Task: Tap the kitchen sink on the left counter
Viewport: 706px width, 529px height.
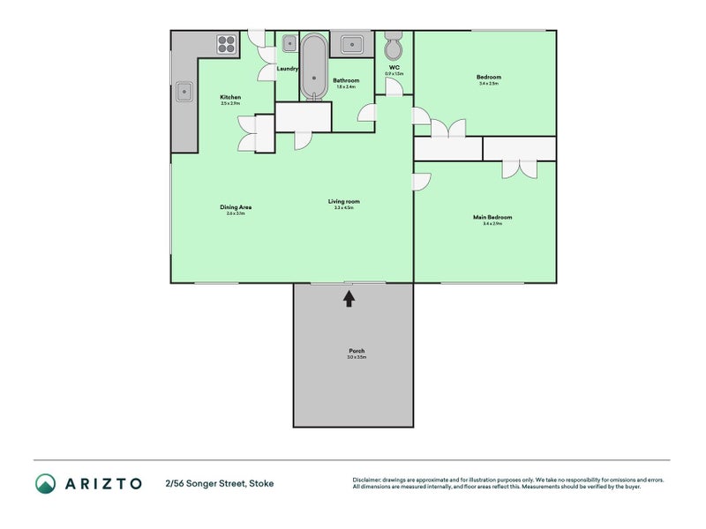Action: tap(185, 90)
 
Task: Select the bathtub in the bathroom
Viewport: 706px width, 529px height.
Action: tap(313, 68)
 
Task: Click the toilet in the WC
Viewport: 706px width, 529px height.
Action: tap(394, 45)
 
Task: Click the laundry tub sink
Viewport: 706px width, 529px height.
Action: tap(289, 41)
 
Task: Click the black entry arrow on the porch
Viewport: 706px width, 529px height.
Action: tap(349, 298)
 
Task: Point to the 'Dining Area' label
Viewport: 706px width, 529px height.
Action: tap(237, 207)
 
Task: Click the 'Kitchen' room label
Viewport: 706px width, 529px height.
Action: tap(230, 97)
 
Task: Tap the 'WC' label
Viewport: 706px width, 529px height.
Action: tap(394, 67)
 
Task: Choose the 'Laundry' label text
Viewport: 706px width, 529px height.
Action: tap(287, 68)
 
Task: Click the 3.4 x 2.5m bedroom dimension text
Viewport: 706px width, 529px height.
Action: tap(489, 84)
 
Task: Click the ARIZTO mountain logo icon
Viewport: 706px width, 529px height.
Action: tap(45, 483)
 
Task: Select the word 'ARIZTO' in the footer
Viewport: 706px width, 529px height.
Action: tap(102, 483)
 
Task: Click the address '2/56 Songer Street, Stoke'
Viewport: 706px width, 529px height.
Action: tap(219, 483)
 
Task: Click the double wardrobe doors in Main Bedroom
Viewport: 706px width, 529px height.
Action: tap(519, 168)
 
